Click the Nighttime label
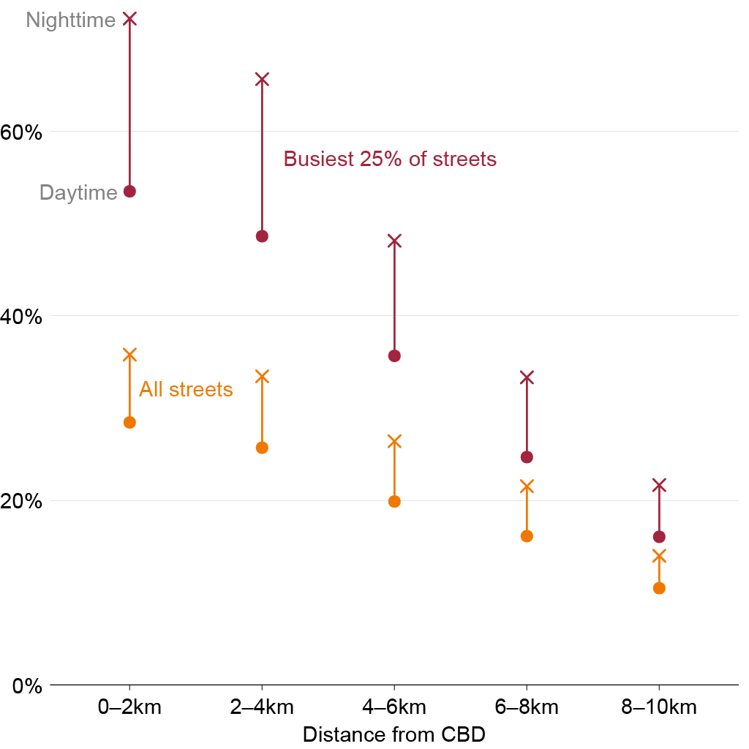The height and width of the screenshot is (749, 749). click(x=71, y=20)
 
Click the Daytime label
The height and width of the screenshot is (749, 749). click(x=78, y=192)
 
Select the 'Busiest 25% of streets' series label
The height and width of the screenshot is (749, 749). click(x=390, y=159)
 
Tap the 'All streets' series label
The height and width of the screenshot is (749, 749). click(x=186, y=389)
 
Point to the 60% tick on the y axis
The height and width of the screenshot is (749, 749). click(x=21, y=132)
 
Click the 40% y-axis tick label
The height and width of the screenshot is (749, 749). click(x=21, y=317)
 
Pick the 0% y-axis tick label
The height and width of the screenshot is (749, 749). click(x=27, y=686)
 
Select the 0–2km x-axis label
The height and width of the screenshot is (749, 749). click(x=129, y=707)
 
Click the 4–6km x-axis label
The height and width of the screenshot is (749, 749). click(x=394, y=707)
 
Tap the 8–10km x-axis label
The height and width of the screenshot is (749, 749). click(x=659, y=707)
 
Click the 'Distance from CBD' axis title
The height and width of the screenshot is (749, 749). click(x=394, y=734)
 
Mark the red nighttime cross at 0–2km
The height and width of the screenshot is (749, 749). click(x=130, y=19)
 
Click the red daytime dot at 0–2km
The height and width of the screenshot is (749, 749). click(x=130, y=192)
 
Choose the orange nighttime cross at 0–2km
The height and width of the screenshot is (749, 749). click(x=130, y=355)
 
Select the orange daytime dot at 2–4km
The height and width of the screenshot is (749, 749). click(x=263, y=448)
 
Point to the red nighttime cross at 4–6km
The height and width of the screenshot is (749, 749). click(x=394, y=241)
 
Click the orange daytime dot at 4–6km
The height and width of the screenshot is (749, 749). click(x=394, y=502)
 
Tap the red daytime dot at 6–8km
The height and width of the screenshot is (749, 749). click(x=527, y=458)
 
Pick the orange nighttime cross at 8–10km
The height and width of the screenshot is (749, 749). click(x=659, y=557)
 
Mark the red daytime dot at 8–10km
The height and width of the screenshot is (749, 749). click(x=659, y=538)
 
